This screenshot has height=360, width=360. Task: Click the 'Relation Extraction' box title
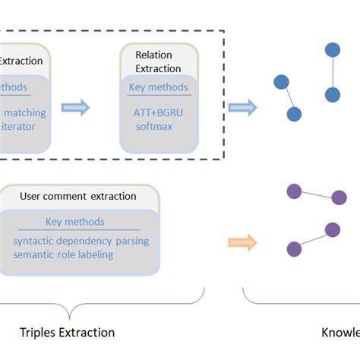pos(153,62)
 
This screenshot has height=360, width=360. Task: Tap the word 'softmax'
pos(153,126)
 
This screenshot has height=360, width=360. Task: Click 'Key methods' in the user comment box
pos(75,222)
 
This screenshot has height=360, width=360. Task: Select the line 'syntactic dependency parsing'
pos(81,242)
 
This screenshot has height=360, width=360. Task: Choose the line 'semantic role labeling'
pos(63,254)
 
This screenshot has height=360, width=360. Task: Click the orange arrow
pos(242,242)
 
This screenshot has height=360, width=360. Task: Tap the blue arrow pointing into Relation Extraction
pos(75,108)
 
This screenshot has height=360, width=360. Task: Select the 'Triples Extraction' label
pos(68,332)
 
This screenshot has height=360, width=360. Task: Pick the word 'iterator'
pos(18,126)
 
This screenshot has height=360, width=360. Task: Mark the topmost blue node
pos(333,51)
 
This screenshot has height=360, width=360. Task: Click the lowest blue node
pos(294,114)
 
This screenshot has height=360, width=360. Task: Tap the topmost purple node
pos(293,191)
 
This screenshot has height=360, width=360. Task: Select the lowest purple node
pos(293,248)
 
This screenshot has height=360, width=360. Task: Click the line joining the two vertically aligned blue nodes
pos(333,73)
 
